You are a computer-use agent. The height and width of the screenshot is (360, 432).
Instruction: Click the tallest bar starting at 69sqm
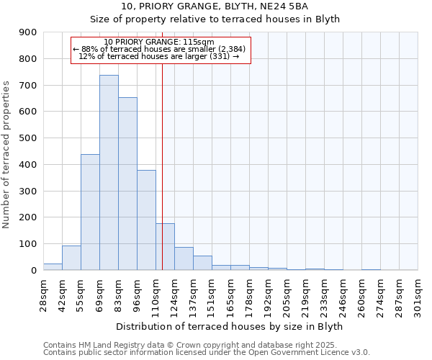click(109, 173)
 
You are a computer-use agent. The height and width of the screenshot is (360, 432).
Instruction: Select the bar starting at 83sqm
click(127, 184)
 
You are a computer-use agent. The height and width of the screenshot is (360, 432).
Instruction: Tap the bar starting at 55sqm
click(90, 212)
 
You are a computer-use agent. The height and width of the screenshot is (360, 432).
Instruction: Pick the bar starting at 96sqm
click(146, 220)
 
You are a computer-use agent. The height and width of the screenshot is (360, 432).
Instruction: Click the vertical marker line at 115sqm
click(163, 144)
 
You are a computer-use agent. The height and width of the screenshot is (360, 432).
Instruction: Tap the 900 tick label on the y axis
click(28, 32)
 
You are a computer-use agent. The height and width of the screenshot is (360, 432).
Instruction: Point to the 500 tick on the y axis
click(28, 138)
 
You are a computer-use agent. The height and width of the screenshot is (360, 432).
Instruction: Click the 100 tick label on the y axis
click(28, 244)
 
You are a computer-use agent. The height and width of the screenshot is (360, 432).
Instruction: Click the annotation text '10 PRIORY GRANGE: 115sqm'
click(159, 42)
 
